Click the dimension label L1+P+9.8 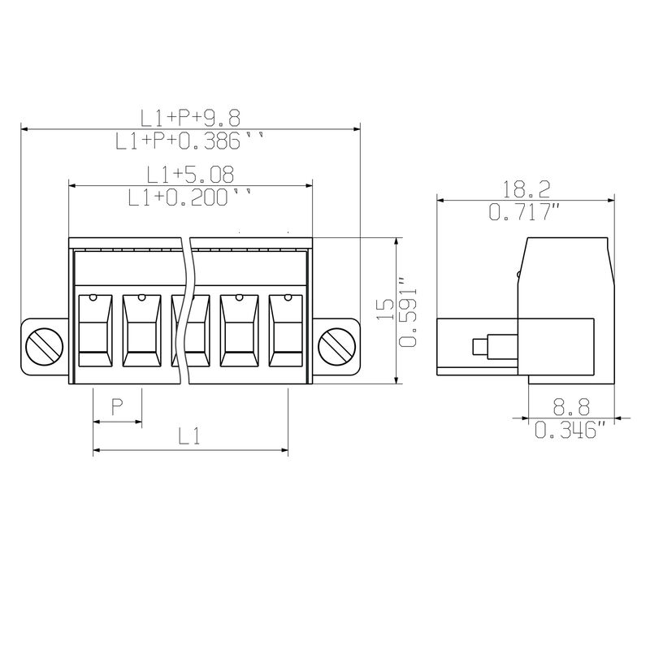tap(190, 118)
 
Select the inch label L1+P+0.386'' tap(189, 141)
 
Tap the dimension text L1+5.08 tap(190, 175)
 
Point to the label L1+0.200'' tap(190, 197)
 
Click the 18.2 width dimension tap(526, 189)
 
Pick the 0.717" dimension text tap(524, 212)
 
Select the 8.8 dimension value tap(571, 407)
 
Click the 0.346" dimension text tap(570, 430)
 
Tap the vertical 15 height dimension tap(385, 309)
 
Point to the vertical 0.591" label tap(408, 311)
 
